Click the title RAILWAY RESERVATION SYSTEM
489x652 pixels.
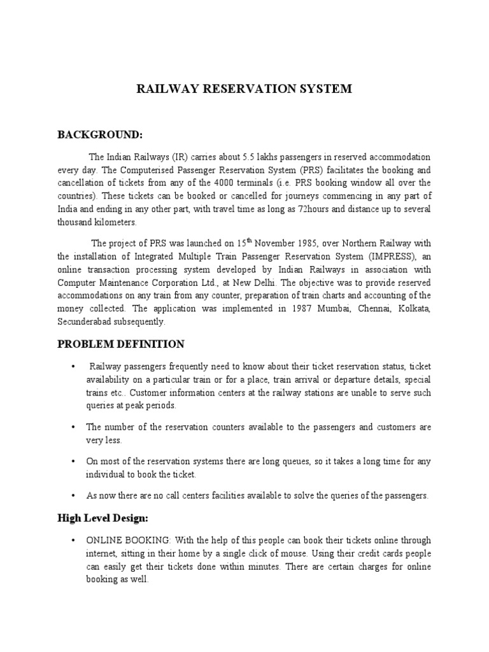click(x=244, y=89)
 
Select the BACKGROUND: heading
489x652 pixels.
click(x=100, y=134)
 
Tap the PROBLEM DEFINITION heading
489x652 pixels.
click(x=121, y=344)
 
